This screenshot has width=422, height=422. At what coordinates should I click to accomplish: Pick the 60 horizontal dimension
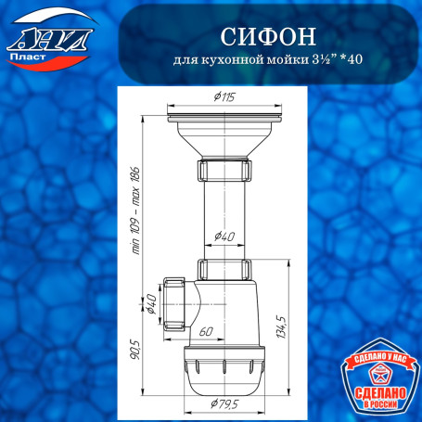pyautogui.click(x=206, y=329)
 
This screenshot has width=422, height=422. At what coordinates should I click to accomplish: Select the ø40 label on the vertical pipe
pyautogui.click(x=224, y=237)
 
